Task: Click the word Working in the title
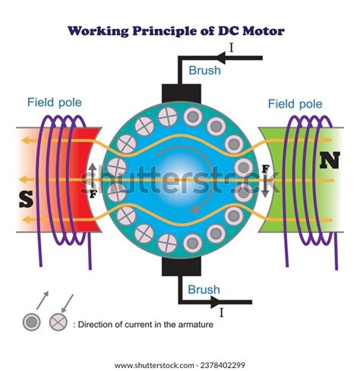point(100,32)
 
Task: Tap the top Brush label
point(205,71)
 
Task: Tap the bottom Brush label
point(205,289)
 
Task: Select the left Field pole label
point(55,102)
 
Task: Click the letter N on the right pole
point(330,160)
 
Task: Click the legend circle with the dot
point(30,323)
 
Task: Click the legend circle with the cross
point(57,323)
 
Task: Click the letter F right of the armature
point(265,168)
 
